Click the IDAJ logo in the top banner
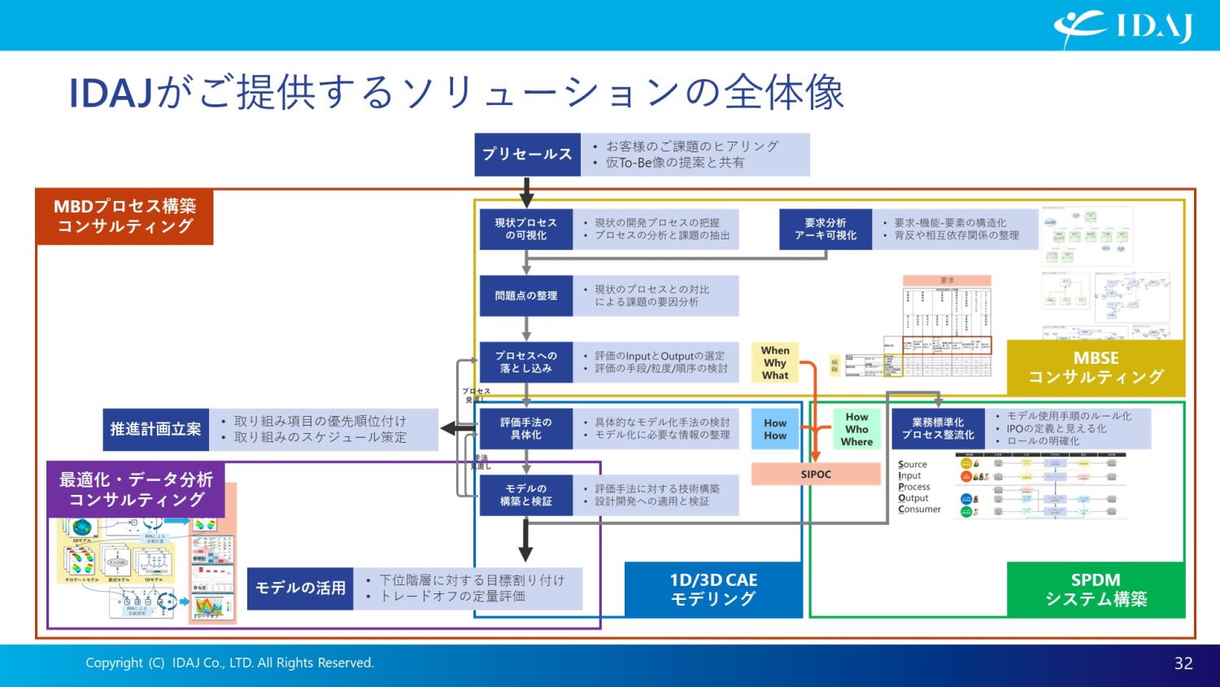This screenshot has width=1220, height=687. [x=1124, y=27]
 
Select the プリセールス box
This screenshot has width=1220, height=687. [x=527, y=155]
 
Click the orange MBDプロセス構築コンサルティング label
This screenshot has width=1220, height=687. [x=124, y=217]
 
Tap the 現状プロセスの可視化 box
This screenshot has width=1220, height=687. [x=526, y=229]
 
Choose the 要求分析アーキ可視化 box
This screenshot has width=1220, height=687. [x=826, y=229]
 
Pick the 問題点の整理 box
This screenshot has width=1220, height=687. [x=526, y=295]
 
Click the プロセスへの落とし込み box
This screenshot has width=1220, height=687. [x=526, y=362]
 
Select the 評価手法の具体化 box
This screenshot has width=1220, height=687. [x=526, y=429]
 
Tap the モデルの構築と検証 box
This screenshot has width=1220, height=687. [x=526, y=495]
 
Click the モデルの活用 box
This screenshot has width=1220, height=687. [x=300, y=589]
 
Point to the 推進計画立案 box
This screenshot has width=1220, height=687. [x=155, y=429]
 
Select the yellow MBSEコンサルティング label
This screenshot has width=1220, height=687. [x=1096, y=368]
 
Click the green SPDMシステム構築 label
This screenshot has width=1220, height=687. [x=1096, y=589]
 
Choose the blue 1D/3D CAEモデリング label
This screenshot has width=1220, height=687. [x=713, y=589]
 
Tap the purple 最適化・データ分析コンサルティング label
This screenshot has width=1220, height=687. [x=136, y=489]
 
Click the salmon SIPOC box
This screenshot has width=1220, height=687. [x=816, y=474]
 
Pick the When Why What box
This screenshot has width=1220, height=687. [x=775, y=363]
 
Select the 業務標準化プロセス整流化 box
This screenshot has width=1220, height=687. [x=938, y=429]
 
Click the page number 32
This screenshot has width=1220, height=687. [x=1183, y=663]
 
